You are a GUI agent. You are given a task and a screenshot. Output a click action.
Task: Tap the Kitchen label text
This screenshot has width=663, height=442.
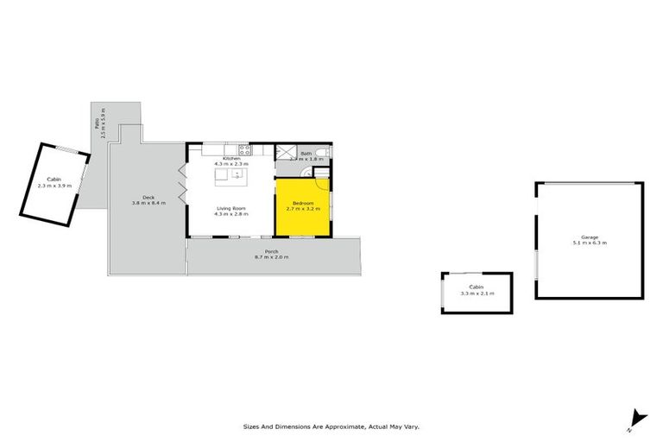tap(230, 159)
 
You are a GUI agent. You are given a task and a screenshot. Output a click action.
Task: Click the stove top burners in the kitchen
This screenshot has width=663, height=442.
tap(243, 148)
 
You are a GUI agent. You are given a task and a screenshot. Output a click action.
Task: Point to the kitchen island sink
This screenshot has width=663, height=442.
tap(235, 175)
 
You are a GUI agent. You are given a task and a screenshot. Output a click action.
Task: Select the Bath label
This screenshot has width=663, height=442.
tap(306, 154)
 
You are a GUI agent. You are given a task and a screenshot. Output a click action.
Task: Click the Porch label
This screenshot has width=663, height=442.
tap(271, 252)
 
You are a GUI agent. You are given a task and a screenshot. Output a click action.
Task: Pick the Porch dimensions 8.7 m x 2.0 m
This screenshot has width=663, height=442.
tap(271, 257)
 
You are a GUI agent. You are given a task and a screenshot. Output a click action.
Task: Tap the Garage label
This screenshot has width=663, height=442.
tap(590, 237)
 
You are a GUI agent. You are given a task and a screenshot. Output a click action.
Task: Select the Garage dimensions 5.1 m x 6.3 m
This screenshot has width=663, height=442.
tap(590, 243)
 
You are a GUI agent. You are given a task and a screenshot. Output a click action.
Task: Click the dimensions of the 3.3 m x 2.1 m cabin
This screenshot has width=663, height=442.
tap(476, 294)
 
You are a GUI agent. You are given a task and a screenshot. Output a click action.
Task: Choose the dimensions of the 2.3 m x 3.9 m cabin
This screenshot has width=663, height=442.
tap(54, 185)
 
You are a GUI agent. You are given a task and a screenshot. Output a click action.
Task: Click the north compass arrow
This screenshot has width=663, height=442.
tap(637, 418)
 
